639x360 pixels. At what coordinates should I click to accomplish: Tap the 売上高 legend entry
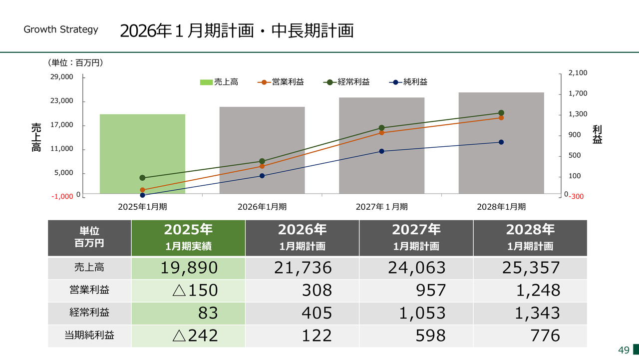pyautogui.click(x=219, y=82)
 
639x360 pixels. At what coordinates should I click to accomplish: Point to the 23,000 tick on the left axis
pyautogui.click(x=63, y=101)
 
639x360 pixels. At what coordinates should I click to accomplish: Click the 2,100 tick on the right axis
pyautogui.click(x=578, y=73)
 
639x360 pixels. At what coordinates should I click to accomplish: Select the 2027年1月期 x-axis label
pyautogui.click(x=382, y=206)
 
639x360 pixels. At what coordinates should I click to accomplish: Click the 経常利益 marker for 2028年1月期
pyautogui.click(x=501, y=113)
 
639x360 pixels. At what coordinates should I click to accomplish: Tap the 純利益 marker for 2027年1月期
pyautogui.click(x=382, y=151)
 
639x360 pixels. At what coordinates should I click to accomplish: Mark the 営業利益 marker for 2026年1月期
pyautogui.click(x=262, y=166)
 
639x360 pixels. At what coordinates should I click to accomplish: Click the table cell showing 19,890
pyautogui.click(x=189, y=268)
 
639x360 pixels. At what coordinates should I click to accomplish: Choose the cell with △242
pyautogui.click(x=189, y=335)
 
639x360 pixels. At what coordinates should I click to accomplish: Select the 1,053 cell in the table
pyautogui.click(x=416, y=313)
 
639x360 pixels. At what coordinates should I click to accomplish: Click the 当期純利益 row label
pyautogui.click(x=89, y=335)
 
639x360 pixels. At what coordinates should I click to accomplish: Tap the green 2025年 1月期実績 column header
pyautogui.click(x=188, y=237)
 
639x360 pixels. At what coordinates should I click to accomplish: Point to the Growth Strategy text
pyautogui.click(x=61, y=29)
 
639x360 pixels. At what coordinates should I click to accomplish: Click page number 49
pyautogui.click(x=624, y=350)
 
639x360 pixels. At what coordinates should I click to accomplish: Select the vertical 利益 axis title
pyautogui.click(x=597, y=135)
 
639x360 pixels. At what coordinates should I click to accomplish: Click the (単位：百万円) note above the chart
pyautogui.click(x=75, y=63)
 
